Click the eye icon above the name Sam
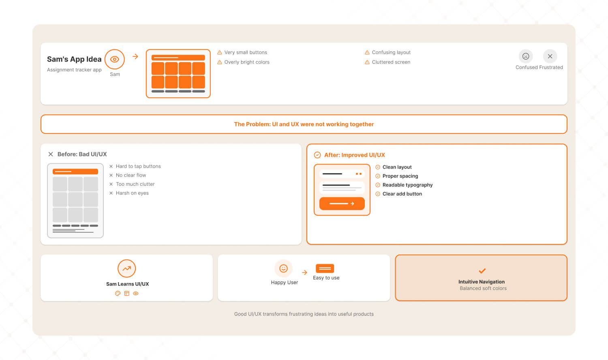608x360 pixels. tap(115, 59)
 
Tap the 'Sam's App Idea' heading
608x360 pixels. tap(74, 59)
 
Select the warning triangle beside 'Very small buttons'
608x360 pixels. tap(220, 52)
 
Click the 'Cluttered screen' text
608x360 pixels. tap(391, 62)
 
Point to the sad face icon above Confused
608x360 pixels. tap(526, 56)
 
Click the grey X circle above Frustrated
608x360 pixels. tap(550, 56)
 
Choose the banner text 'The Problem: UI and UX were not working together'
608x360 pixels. tap(304, 124)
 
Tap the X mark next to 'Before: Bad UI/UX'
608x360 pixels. tap(51, 154)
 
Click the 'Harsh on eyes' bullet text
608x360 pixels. tap(132, 193)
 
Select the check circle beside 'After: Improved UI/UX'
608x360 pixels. tap(317, 155)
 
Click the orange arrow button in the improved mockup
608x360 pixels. tap(342, 204)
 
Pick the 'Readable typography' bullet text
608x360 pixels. tap(407, 185)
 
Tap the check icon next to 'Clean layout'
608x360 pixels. tap(377, 167)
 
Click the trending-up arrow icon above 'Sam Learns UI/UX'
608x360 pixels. tap(127, 268)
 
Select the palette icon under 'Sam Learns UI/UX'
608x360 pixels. tap(118, 293)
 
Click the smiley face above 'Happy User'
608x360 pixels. tap(283, 268)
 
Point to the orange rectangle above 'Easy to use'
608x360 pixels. tap(325, 268)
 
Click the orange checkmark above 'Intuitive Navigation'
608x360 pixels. tap(482, 271)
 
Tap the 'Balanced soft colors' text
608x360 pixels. tap(483, 288)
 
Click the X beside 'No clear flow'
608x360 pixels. tap(111, 176)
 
